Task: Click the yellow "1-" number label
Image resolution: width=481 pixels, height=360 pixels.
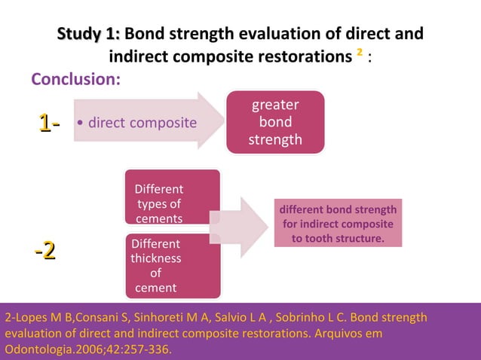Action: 50,122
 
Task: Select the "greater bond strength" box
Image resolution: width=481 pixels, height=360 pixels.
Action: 275,122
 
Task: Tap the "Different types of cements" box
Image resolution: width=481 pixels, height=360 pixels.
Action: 172,197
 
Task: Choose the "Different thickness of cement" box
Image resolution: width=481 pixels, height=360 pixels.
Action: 172,266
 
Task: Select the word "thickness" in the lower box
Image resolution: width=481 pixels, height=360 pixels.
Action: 156,258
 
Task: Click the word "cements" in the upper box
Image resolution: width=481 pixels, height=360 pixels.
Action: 159,218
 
